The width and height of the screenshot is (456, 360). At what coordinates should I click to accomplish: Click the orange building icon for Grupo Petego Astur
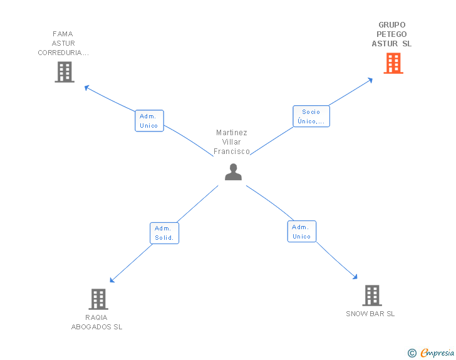click(393, 63)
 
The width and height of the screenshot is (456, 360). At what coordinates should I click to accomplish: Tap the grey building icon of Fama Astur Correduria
click(65, 72)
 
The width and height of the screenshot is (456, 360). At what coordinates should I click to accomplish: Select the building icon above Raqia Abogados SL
click(98, 299)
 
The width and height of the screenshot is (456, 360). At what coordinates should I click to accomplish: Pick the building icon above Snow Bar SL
click(372, 296)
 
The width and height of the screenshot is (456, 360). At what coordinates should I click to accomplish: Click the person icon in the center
click(233, 172)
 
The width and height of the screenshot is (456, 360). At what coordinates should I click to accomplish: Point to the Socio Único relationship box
click(311, 116)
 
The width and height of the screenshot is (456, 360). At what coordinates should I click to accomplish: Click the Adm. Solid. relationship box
click(164, 233)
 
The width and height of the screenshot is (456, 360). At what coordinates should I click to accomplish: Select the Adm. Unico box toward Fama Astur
click(149, 121)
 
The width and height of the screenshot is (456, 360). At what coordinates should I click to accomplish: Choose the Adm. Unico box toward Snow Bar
click(301, 232)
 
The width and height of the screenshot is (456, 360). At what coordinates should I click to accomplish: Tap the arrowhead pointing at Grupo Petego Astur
click(371, 80)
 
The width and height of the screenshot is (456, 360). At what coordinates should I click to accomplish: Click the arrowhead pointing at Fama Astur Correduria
click(86, 87)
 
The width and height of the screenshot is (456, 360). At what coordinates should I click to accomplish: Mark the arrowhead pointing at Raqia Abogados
click(111, 280)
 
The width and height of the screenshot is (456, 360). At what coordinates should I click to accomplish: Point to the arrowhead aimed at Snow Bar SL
click(355, 277)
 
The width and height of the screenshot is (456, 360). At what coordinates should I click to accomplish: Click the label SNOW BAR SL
click(370, 314)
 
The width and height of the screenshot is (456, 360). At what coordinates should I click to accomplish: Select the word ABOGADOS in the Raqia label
click(91, 327)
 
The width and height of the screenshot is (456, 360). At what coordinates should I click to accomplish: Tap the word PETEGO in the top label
click(391, 34)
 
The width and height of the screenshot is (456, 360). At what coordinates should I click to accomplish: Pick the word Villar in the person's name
click(232, 142)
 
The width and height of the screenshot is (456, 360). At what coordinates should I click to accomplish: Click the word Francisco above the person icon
click(232, 152)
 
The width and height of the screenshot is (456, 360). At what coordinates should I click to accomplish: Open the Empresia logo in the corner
click(431, 352)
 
